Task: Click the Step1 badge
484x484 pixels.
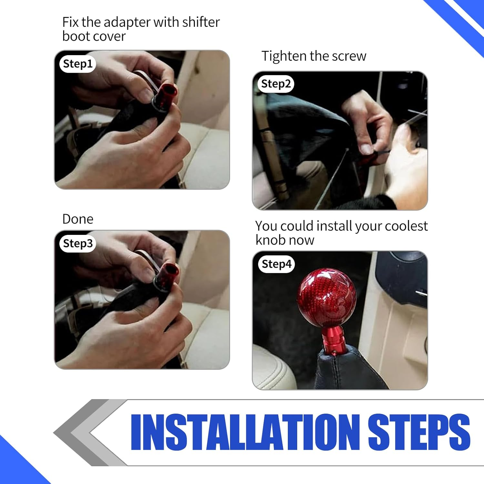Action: point(77,64)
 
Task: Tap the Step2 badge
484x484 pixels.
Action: point(276,84)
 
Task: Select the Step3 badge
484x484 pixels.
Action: point(77,244)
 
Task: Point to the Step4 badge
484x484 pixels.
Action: point(276,264)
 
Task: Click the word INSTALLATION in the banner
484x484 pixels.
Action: point(245,432)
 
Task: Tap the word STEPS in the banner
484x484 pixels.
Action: point(418,432)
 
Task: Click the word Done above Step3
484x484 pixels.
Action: point(78,219)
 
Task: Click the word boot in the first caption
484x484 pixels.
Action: point(76,36)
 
